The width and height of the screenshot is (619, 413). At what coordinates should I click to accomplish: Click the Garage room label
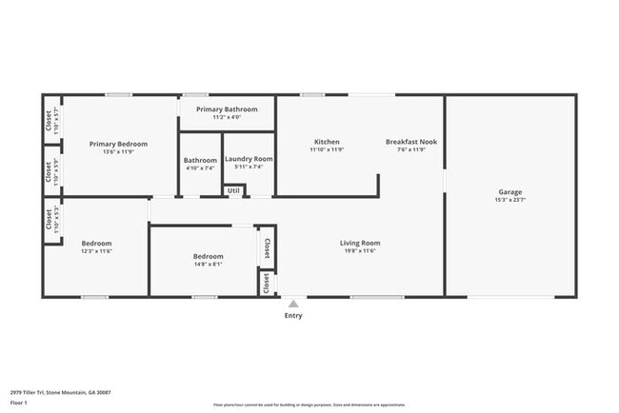point(509,191)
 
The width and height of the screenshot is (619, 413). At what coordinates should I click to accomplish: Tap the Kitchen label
point(327,142)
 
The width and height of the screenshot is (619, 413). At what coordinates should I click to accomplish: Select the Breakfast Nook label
point(410,142)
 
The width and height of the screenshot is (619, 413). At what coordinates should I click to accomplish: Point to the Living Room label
point(359,243)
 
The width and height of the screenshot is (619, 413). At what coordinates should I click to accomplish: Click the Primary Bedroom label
point(118,144)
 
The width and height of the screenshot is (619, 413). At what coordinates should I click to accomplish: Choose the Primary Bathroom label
point(227,109)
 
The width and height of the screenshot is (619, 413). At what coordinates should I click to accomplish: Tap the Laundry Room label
point(249,159)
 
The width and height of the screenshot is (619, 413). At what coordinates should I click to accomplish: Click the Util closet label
point(233,190)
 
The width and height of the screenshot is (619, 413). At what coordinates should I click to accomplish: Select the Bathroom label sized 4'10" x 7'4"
point(200,160)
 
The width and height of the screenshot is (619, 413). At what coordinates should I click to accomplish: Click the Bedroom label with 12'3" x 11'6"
point(96,243)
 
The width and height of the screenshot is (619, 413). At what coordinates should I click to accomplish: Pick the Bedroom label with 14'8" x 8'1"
point(208,256)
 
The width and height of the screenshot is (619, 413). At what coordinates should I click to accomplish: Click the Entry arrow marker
point(293,304)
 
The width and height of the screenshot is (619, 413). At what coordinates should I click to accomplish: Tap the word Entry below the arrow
point(293,316)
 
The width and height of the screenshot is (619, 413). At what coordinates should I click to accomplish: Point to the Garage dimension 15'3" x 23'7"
point(509,200)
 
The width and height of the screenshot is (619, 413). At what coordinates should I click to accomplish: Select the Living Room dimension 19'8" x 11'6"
point(359,251)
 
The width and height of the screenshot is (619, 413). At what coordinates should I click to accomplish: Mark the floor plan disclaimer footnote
point(309,404)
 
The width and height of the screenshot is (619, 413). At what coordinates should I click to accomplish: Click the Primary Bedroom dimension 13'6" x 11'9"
point(118,152)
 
